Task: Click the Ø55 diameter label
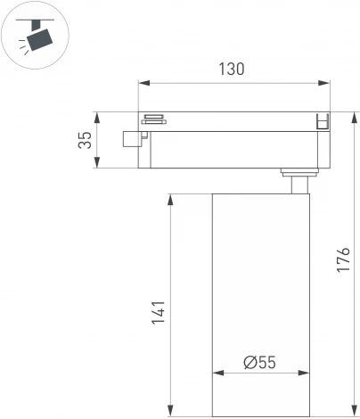pos(259,363)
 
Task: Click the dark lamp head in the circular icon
pos(39,37)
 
